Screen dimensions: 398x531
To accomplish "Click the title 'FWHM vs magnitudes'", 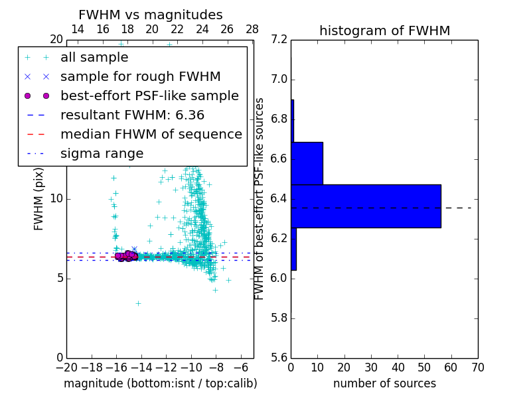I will [151, 15].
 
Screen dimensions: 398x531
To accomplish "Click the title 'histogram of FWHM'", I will [384, 31].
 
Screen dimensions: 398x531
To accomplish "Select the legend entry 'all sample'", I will [94, 58].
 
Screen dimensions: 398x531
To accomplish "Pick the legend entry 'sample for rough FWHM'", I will [140, 77].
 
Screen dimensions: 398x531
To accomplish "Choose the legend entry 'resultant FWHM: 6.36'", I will [132, 115].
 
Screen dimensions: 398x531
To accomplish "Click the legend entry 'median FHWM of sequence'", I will [151, 135].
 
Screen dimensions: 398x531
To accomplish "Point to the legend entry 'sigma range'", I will [102, 154].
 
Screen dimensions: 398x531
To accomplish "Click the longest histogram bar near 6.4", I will [366, 206].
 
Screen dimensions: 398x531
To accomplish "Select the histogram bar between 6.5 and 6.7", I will [307, 163].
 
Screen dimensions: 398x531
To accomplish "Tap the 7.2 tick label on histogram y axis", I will [280, 40].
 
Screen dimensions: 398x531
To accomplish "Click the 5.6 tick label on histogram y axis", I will [280, 357].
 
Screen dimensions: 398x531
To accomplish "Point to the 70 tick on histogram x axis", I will [477, 367].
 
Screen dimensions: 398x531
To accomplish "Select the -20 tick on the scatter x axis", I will [66, 367].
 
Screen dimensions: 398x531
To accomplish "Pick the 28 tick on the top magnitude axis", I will [252, 29].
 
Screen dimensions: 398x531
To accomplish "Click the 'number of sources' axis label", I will [384, 383].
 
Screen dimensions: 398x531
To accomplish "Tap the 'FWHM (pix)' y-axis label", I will [39, 198].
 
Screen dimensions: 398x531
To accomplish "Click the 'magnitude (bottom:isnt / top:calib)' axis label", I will [160, 383].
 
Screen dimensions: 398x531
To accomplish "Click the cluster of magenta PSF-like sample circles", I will [125, 256].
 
